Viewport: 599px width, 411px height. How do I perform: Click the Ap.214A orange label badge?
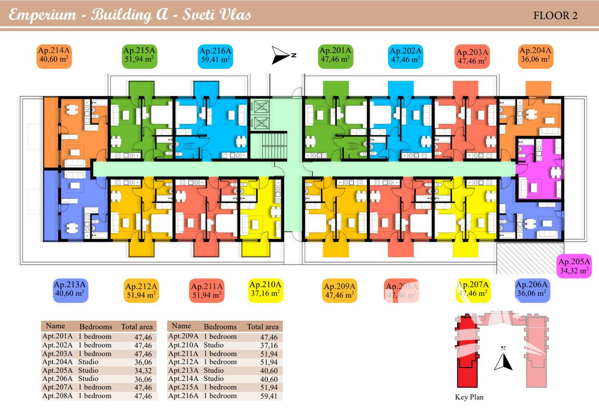(x=53, y=56)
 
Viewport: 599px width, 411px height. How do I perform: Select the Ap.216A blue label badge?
(x=215, y=56)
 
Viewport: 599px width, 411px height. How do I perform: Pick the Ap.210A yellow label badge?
(x=266, y=290)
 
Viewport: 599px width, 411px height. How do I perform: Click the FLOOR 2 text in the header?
(x=555, y=15)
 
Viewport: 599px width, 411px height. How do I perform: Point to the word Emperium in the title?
(x=43, y=15)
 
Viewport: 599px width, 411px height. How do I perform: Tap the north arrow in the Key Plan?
(x=503, y=361)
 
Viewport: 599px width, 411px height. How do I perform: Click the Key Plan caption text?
(x=469, y=397)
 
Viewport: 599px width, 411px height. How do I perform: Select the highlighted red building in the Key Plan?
(x=466, y=354)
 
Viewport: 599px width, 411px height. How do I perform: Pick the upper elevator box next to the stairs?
(x=262, y=107)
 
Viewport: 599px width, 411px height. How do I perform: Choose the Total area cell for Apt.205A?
(x=143, y=371)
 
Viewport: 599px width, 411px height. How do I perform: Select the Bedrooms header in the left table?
(x=96, y=327)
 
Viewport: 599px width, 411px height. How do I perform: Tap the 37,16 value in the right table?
(x=269, y=346)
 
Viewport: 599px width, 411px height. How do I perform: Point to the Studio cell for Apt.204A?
(x=88, y=362)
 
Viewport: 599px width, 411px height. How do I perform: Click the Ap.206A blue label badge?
(x=533, y=290)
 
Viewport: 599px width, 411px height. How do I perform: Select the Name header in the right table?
(x=181, y=326)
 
